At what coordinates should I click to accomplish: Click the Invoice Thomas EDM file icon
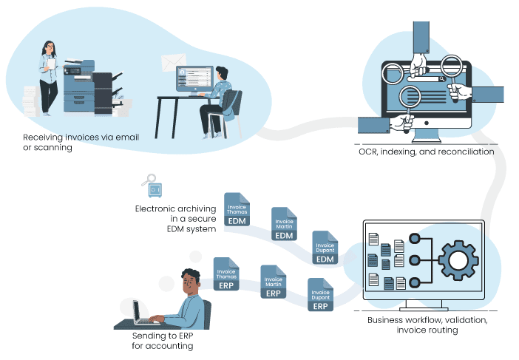(x=237, y=210)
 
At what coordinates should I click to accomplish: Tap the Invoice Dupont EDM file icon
(x=325, y=248)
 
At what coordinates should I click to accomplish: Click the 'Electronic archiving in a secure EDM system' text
(x=175, y=219)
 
